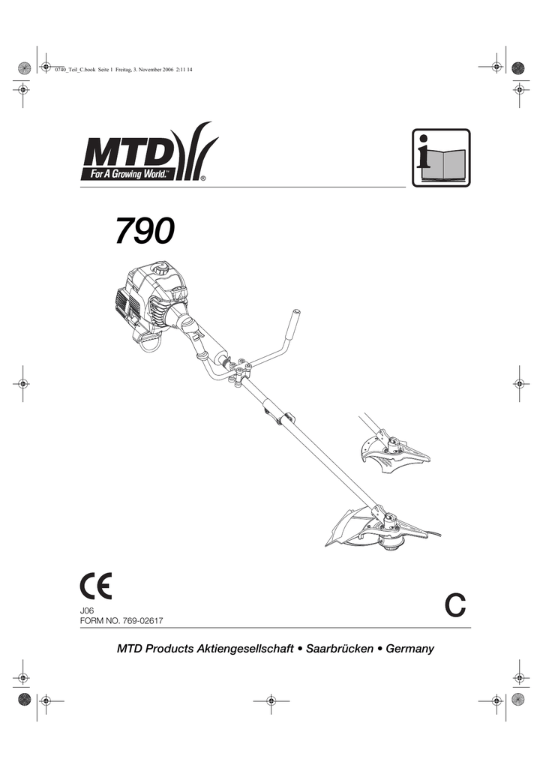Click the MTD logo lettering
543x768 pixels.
[127, 154]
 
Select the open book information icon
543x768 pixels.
[442, 158]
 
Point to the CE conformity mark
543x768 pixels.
[95, 586]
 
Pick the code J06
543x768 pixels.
[86, 612]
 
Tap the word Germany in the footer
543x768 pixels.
[409, 648]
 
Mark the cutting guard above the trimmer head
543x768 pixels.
[346, 526]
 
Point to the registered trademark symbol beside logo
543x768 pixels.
[203, 179]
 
